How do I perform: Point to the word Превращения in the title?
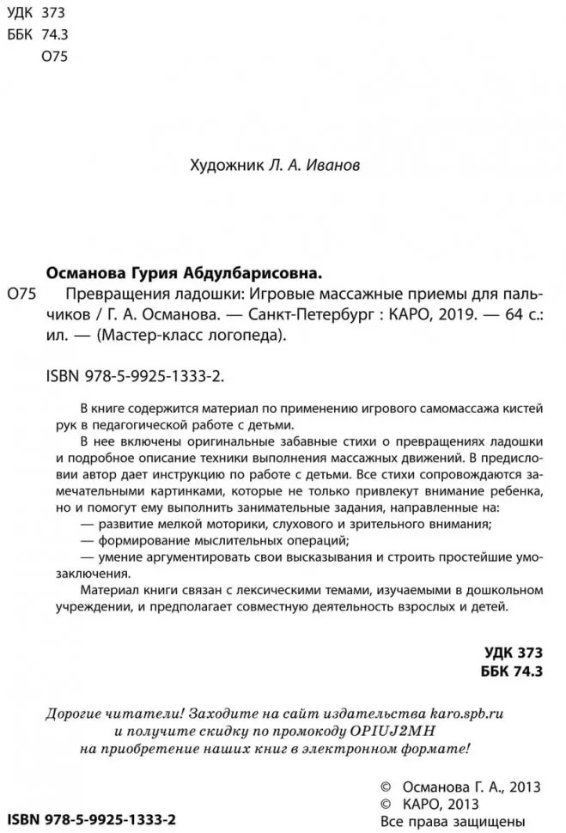[113, 294]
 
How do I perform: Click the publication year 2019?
[457, 314]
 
